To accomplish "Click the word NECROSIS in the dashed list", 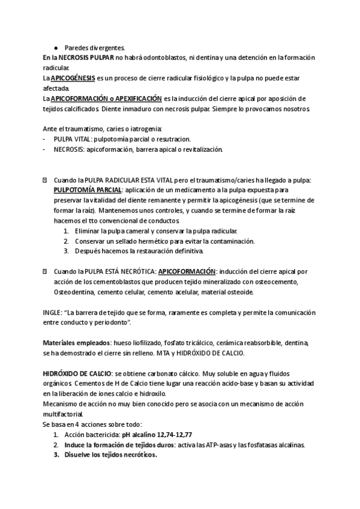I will tap(69, 149).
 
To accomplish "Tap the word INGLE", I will tap(52, 313).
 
